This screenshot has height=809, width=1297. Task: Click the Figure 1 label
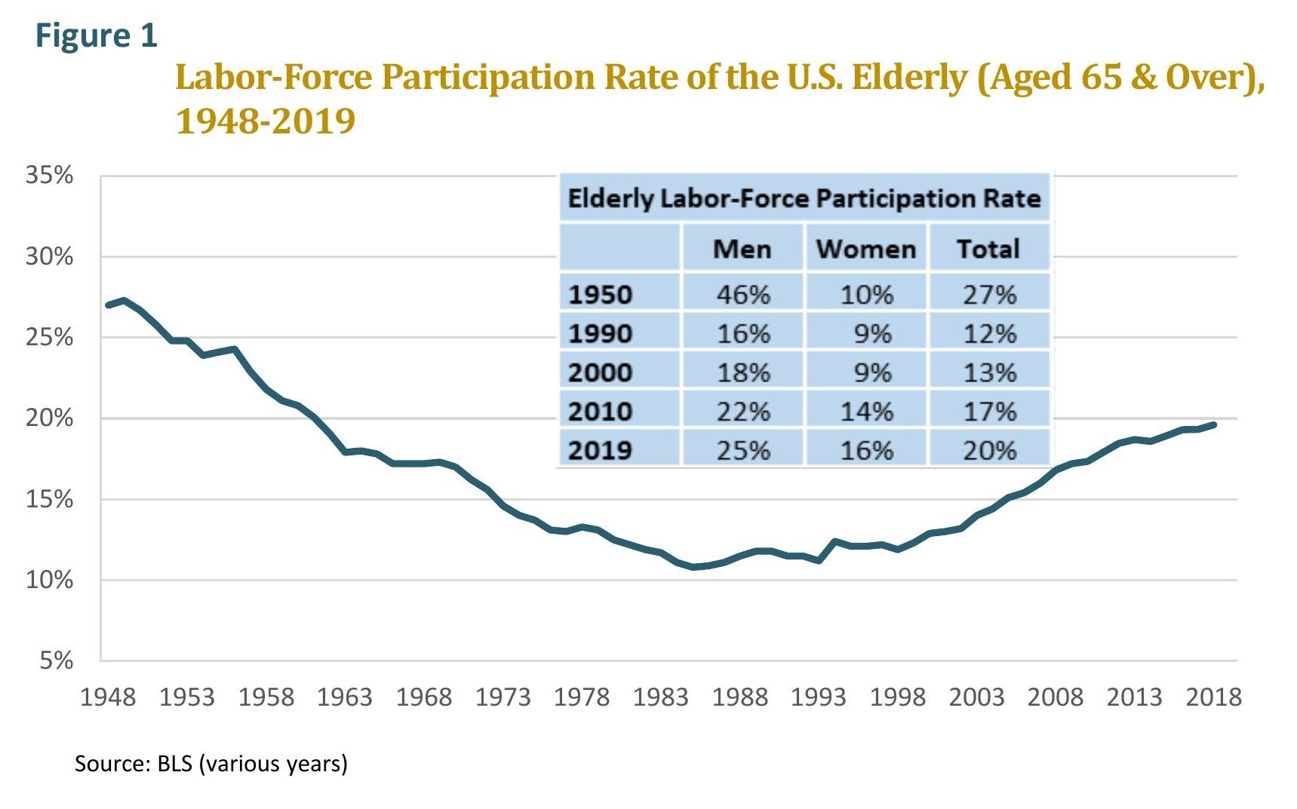click(x=96, y=35)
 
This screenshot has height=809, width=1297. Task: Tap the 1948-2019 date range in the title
click(x=265, y=121)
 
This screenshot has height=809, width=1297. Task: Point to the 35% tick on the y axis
click(x=49, y=175)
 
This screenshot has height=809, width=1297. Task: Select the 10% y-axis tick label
click(x=49, y=580)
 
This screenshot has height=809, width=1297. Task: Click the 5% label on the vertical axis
click(x=56, y=660)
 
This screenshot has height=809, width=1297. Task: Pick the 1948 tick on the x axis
click(x=108, y=697)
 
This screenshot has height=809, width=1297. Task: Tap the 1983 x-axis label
click(x=660, y=697)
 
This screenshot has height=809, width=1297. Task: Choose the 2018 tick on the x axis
click(x=1212, y=697)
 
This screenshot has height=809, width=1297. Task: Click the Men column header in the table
click(x=742, y=249)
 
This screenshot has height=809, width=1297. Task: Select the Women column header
click(x=865, y=249)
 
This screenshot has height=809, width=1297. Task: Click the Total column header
click(x=988, y=249)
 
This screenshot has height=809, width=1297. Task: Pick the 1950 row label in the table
click(x=600, y=294)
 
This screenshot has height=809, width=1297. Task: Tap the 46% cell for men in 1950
click(x=743, y=294)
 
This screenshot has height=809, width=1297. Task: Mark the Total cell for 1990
click(x=989, y=333)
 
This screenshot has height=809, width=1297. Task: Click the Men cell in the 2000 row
click(x=743, y=372)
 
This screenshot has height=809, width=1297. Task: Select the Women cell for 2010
click(x=866, y=412)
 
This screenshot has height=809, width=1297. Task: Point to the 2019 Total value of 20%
click(x=989, y=451)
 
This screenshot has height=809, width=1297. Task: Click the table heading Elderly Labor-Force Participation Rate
click(x=804, y=198)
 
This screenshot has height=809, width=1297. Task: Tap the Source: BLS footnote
click(x=211, y=764)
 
